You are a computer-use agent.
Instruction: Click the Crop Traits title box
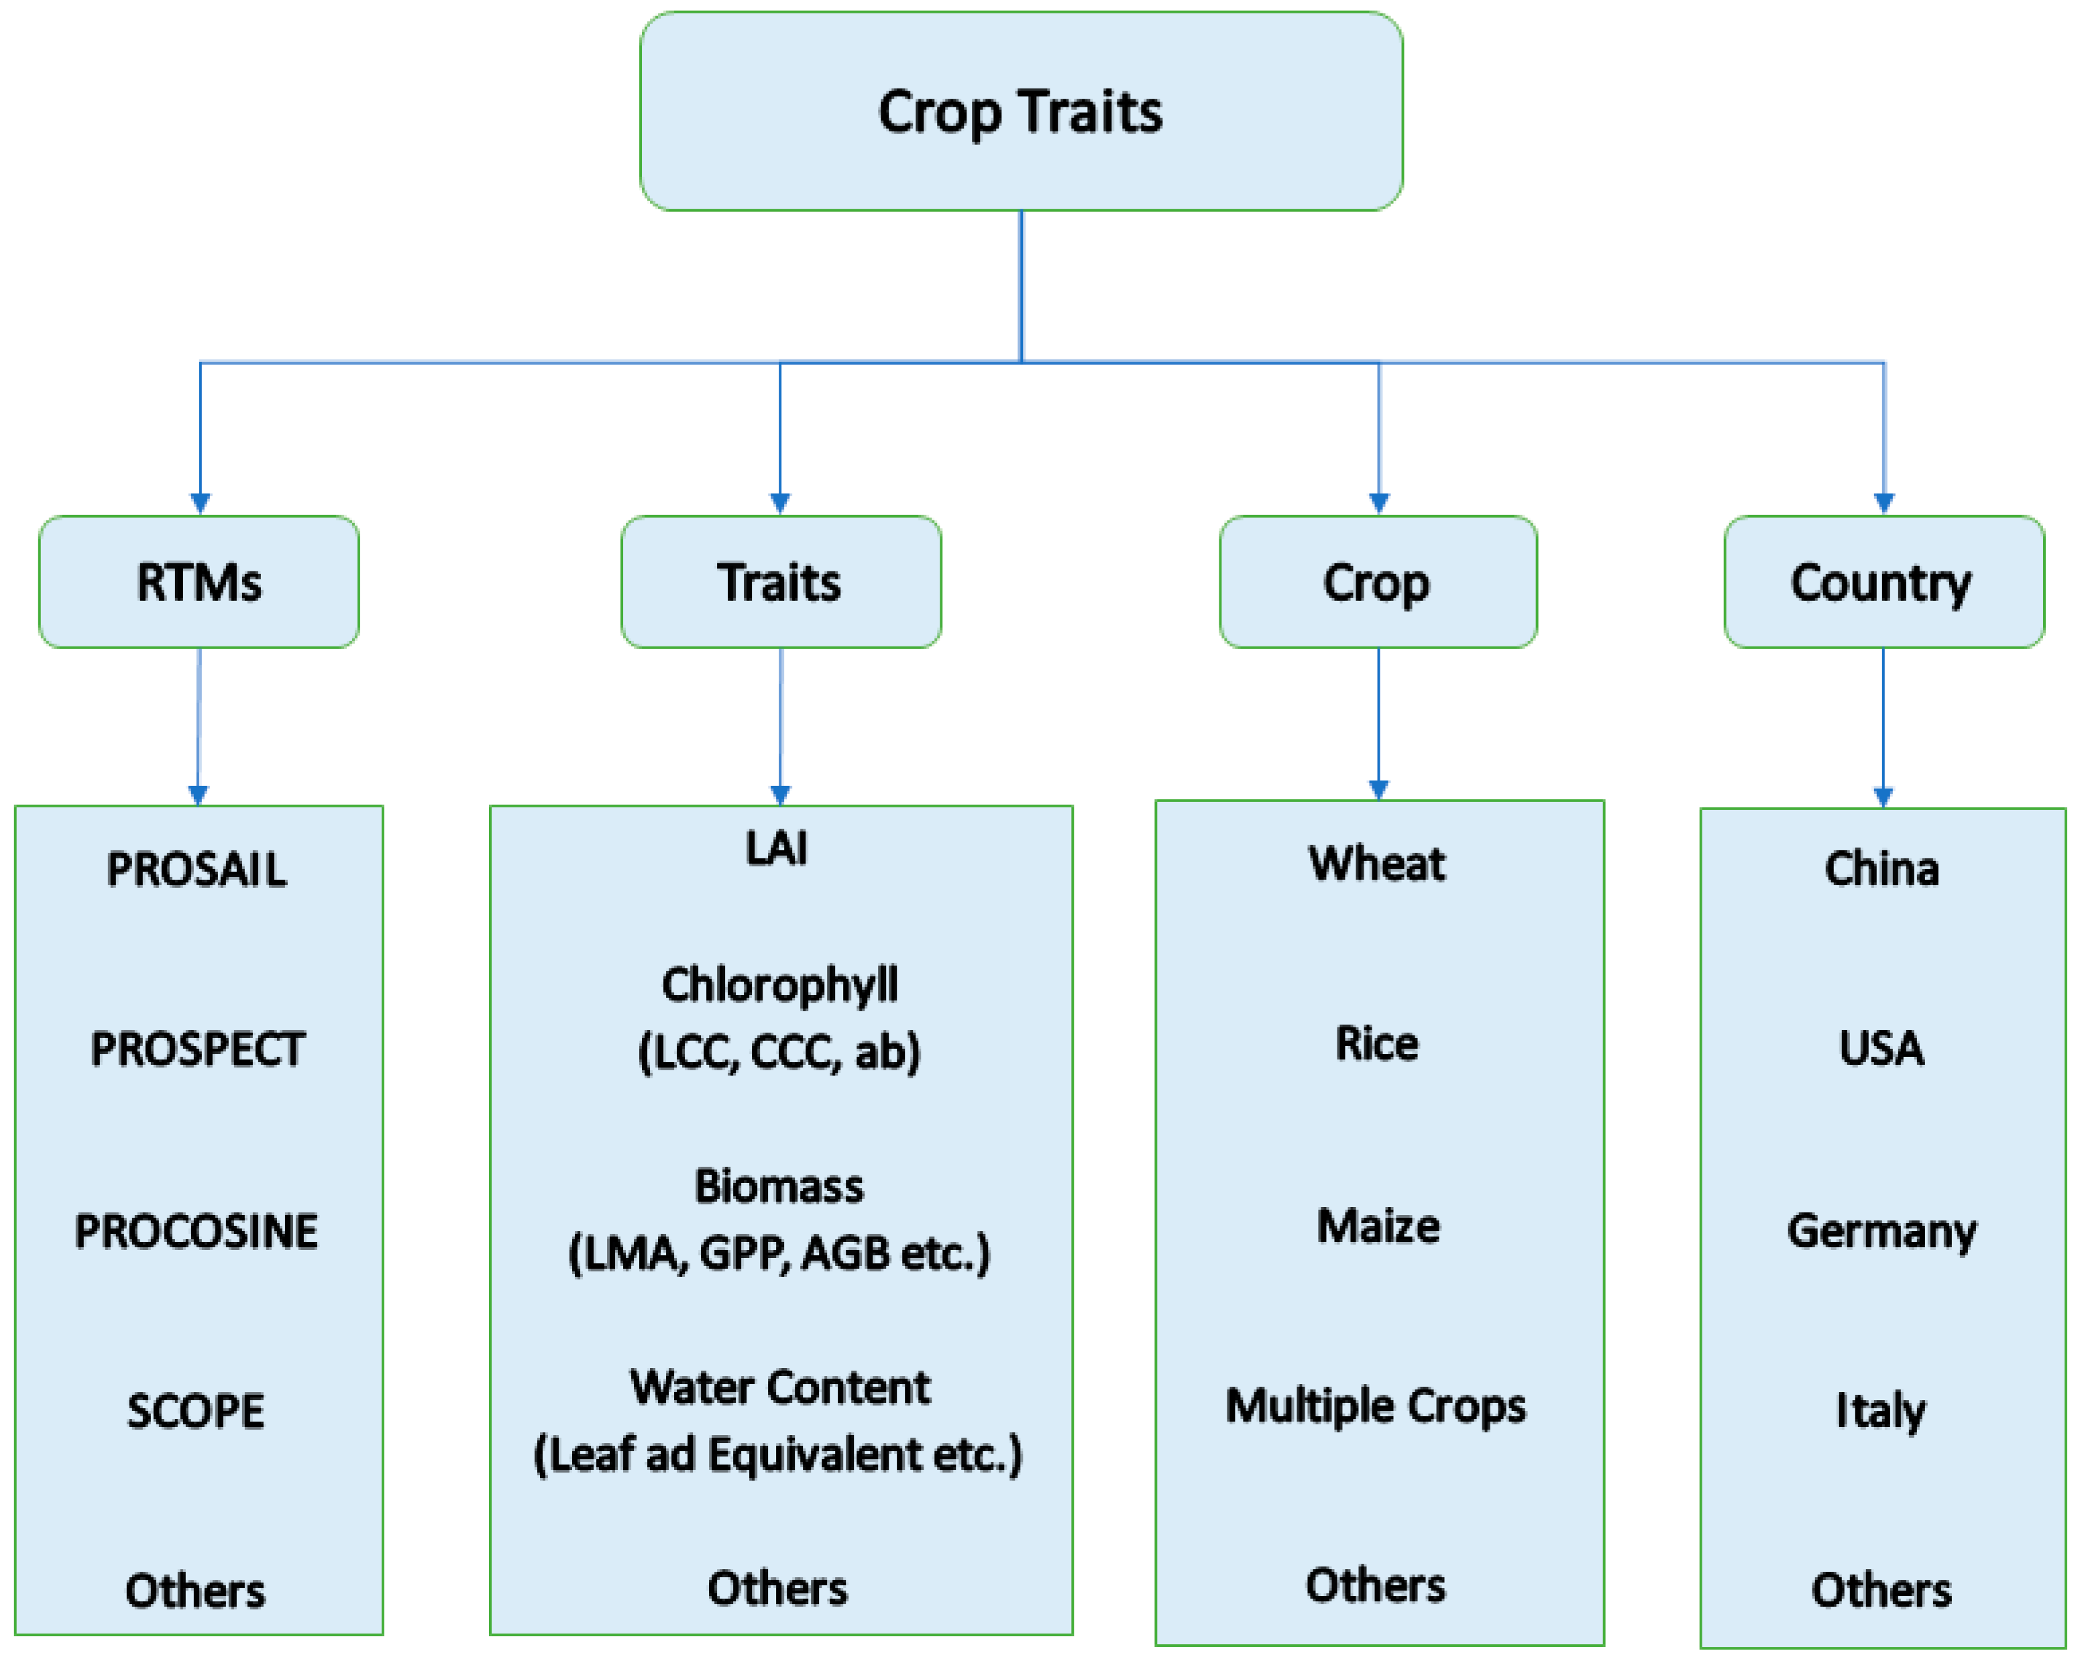tap(1021, 111)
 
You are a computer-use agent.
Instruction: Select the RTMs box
tap(199, 581)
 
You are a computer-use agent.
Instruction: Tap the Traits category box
tap(781, 581)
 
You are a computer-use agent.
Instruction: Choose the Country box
tap(1882, 581)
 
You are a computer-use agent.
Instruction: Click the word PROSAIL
tap(197, 869)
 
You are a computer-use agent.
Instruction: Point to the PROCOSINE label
tap(197, 1232)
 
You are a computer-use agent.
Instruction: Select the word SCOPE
tap(196, 1411)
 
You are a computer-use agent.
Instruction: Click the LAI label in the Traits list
tap(777, 849)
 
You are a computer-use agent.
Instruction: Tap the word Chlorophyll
tap(779, 986)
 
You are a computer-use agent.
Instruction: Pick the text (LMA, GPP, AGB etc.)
tap(779, 1253)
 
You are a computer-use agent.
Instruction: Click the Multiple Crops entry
tap(1376, 1406)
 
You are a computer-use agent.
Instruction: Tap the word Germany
tap(1881, 1232)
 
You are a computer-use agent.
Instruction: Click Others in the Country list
tap(1881, 1591)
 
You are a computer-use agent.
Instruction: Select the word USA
tap(1881, 1049)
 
